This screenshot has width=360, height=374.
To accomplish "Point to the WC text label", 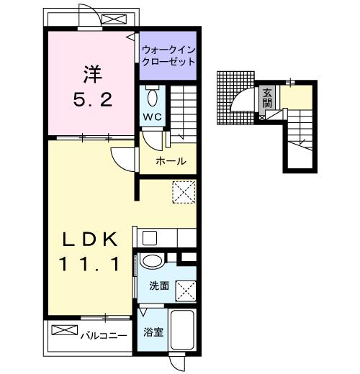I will pos(152,116).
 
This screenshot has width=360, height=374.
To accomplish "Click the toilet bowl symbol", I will pos(152,96).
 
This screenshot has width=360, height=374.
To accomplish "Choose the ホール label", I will pos(171,160).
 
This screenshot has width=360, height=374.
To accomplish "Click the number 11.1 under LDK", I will pos(89,265).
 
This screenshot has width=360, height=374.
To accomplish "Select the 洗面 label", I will pos(159,286).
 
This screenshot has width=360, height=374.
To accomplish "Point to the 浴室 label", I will pos(152,332).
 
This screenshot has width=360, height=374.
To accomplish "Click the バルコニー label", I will pos(104,334).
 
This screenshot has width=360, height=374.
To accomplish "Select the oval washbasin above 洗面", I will pos(151,261).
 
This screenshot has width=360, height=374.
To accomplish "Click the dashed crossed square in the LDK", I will pos(184,192).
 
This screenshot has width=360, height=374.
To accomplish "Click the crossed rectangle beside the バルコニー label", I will pos(65,330).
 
